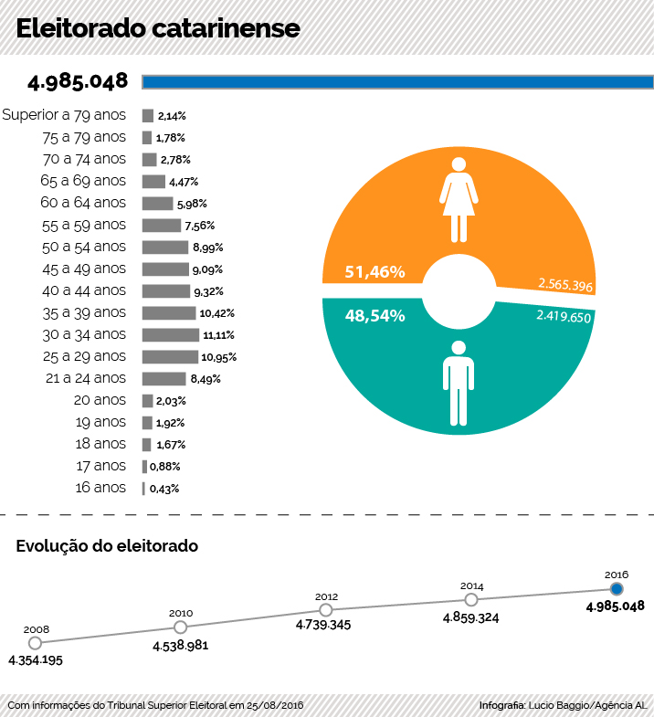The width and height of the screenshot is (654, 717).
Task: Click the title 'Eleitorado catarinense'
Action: [x=157, y=28]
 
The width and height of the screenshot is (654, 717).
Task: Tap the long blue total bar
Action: [x=397, y=82]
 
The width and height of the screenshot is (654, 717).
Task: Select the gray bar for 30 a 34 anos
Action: [x=170, y=335]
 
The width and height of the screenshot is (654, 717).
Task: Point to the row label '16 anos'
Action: [x=100, y=488]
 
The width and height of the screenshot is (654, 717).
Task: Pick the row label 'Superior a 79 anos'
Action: [x=64, y=115]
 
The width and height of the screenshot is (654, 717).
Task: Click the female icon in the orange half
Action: [x=459, y=198]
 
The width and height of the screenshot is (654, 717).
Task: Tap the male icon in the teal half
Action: [x=459, y=383]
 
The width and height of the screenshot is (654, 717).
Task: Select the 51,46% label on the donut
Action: [x=374, y=272]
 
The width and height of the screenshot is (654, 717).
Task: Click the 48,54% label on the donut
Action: [x=374, y=315]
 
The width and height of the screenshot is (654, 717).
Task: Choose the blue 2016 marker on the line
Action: [x=617, y=589]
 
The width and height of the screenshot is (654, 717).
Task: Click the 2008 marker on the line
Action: [x=37, y=643]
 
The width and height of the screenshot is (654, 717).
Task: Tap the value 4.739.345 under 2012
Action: [x=323, y=626]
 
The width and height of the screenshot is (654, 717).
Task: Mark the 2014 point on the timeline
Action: [x=471, y=600]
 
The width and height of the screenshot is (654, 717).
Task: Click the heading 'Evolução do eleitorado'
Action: [x=107, y=546]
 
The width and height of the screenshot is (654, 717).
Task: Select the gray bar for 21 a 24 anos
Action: [x=163, y=379]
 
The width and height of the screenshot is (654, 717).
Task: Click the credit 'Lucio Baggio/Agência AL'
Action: [x=588, y=706]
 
